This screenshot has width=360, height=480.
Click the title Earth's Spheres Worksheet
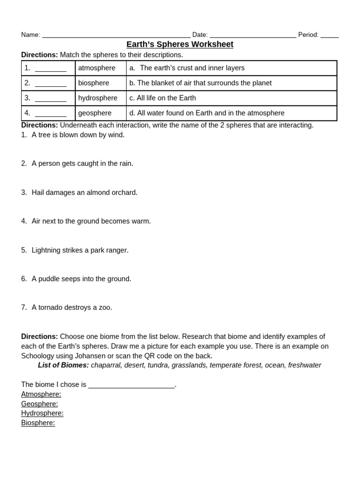[180, 45]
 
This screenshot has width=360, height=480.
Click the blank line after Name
[116, 36]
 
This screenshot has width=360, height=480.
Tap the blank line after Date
[253, 36]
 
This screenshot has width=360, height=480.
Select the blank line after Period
[330, 36]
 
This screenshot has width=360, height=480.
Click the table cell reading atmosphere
[97, 68]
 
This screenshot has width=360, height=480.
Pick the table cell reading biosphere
[93, 83]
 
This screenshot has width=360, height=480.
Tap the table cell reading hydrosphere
[97, 98]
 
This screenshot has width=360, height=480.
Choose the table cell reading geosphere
[95, 113]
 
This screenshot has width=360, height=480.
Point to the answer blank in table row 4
[51, 114]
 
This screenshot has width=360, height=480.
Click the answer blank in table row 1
[51, 69]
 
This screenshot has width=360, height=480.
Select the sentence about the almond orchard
[84, 193]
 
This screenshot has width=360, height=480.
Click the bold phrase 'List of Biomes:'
[63, 365]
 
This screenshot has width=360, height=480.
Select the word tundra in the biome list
[158, 365]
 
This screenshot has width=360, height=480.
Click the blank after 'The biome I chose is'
[131, 385]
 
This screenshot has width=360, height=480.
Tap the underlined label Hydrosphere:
[42, 413]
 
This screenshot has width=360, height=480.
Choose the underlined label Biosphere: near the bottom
[38, 423]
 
